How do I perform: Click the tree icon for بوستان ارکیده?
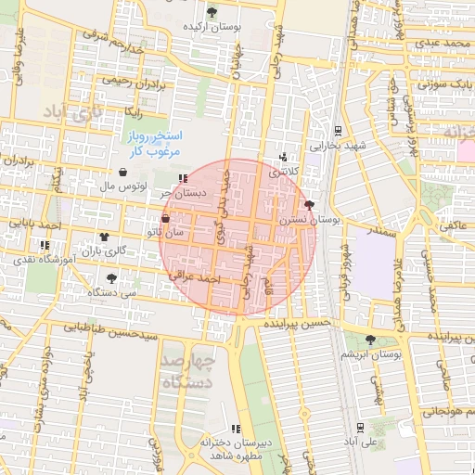212,12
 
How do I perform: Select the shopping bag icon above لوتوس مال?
123,172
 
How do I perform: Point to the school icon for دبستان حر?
183,178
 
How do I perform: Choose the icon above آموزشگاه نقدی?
44,246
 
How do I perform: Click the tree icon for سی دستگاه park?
112,277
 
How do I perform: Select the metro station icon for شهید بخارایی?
338,131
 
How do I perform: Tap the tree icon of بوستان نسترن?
309,204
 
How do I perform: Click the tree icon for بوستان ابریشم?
371,340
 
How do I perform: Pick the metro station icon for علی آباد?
359,427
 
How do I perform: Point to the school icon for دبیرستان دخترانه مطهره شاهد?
236,429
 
